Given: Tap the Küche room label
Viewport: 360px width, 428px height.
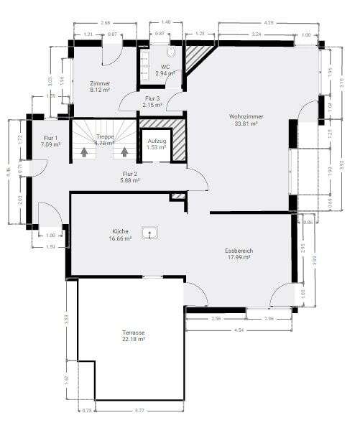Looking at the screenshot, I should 120,231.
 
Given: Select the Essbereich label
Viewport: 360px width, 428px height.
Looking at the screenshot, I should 239,251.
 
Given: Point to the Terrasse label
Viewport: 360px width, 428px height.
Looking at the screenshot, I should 133,333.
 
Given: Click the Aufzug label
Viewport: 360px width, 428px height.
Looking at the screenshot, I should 157,141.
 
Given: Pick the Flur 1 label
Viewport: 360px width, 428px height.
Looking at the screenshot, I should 50,138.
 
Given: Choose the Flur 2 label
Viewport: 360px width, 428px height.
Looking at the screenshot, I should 129,174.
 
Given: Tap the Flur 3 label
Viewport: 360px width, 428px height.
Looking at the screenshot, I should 152,98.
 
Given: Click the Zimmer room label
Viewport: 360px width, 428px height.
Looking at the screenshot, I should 100,83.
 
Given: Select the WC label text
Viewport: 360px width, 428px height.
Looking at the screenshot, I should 165,67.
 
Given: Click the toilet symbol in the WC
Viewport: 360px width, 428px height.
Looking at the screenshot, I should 171,52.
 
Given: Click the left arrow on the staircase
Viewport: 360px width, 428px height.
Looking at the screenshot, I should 86,152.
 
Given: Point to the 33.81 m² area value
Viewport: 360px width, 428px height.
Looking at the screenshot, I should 246,123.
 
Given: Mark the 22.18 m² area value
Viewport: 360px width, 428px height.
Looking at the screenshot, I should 133,340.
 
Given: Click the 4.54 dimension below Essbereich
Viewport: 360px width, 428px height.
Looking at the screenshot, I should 239,330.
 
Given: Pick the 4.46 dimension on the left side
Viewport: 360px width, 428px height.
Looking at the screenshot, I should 7,172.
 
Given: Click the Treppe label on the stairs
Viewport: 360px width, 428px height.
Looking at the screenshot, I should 105,136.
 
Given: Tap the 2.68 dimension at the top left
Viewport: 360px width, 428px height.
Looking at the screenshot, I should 106,23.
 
